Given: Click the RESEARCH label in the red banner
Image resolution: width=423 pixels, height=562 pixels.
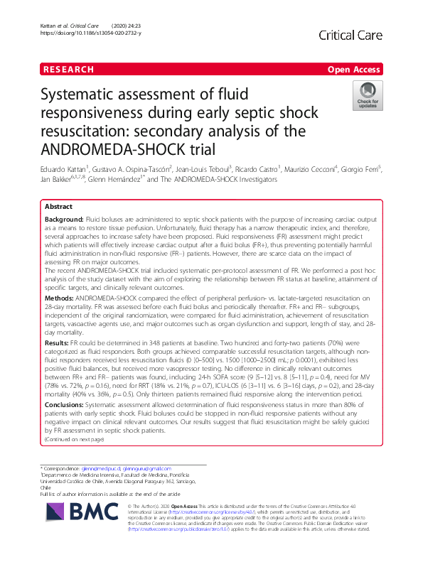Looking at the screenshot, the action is coord(68,70).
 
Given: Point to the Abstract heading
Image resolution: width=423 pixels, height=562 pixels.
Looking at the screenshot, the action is coord(58,206).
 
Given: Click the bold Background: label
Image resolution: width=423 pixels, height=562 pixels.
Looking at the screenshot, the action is coord(65,220).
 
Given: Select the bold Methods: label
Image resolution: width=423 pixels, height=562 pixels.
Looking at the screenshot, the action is coord(60,298).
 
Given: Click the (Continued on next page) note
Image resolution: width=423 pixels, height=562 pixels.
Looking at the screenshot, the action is coord(74,440).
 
